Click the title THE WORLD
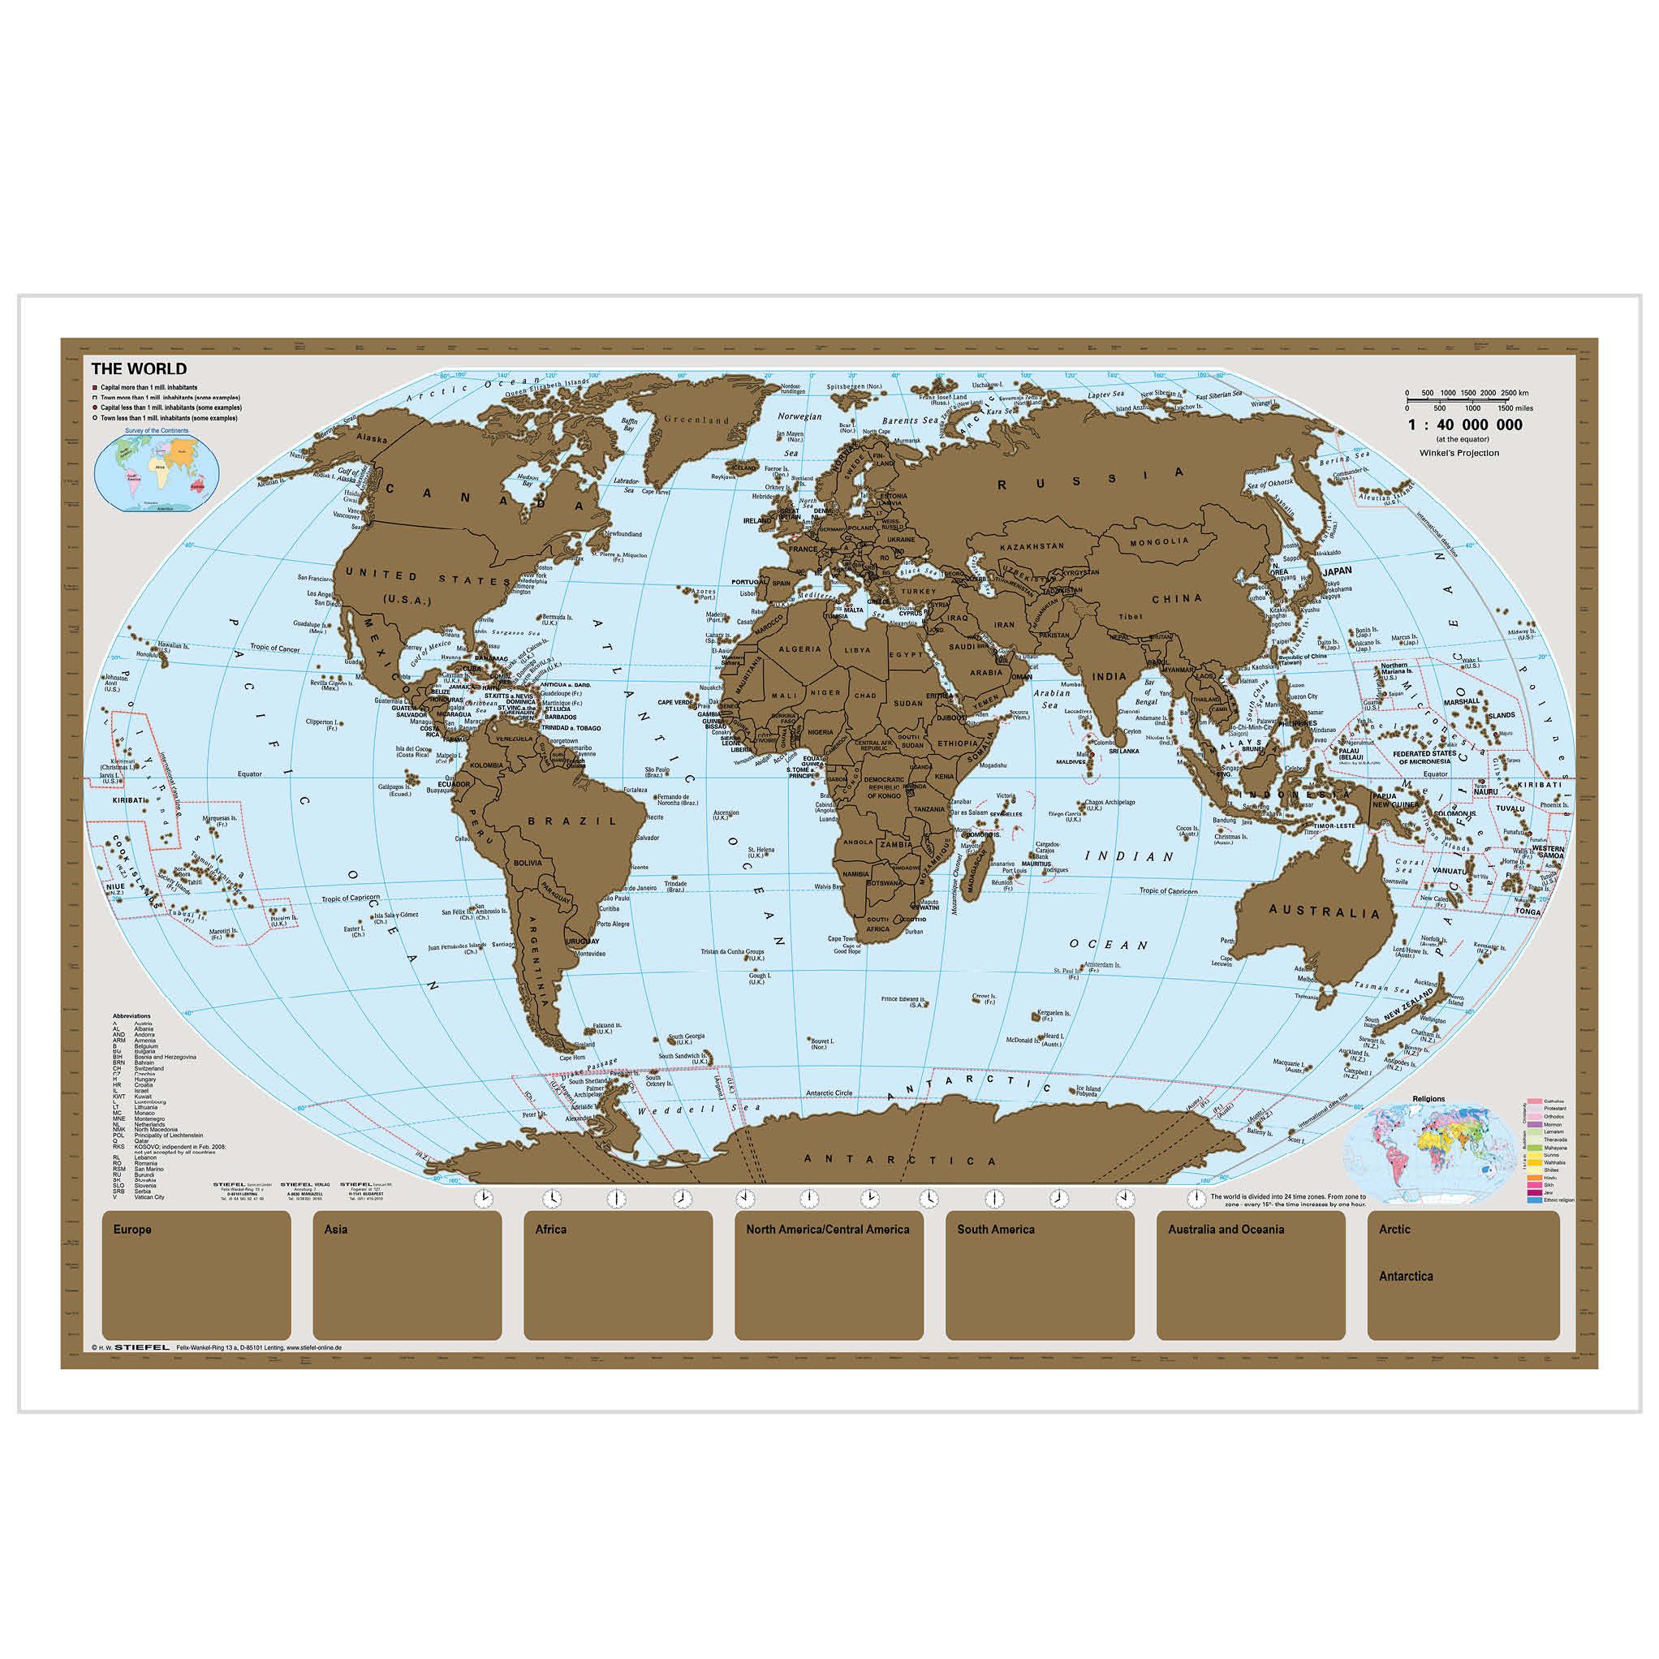(138, 369)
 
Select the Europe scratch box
(196, 1275)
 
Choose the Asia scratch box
(407, 1275)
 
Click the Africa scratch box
(618, 1275)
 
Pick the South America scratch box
(1040, 1275)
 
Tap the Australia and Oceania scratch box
(1251, 1275)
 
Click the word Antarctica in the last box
(1406, 1276)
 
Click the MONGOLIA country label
(1158, 542)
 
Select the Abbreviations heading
(131, 1016)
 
